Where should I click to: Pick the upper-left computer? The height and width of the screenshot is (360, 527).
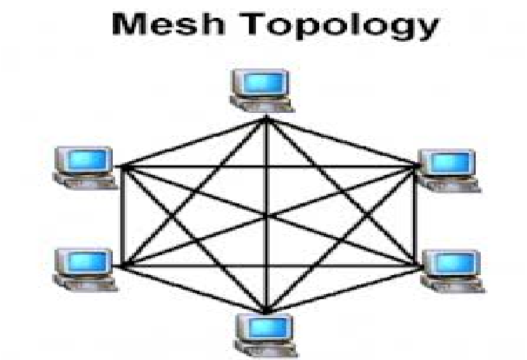tap(84, 166)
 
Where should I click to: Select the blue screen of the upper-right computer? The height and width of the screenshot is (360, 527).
tap(452, 162)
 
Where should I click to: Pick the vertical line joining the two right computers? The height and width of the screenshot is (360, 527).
tap(418, 215)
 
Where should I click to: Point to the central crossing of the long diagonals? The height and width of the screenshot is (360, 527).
tap(267, 215)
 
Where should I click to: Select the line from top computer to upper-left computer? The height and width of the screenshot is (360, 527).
tap(193, 141)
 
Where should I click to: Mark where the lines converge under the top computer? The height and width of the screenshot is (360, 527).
tap(267, 118)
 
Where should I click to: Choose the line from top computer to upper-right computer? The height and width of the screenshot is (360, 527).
tap(342, 141)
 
